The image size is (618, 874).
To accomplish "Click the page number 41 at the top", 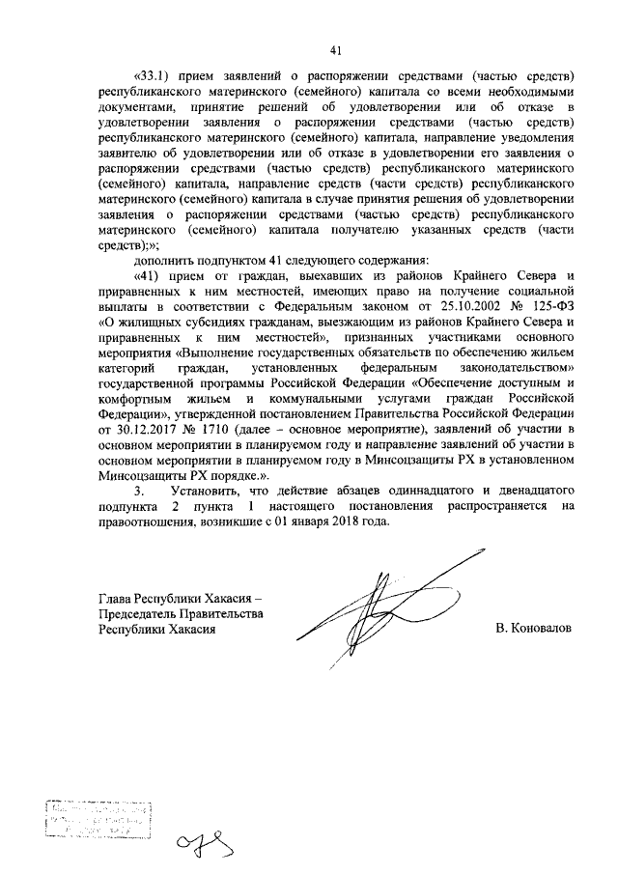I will click(334, 50).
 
